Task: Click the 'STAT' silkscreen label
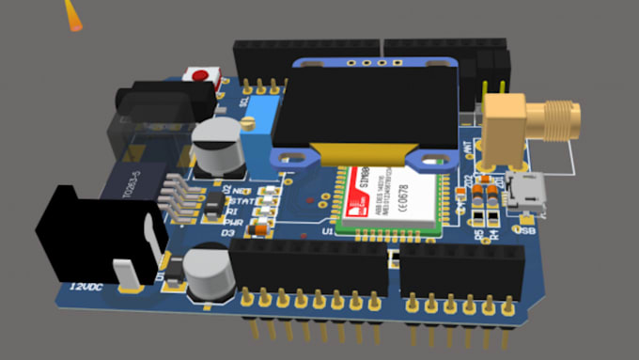(241, 199)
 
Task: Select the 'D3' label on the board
(227, 232)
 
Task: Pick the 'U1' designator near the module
(328, 230)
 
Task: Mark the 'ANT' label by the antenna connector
(467, 146)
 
